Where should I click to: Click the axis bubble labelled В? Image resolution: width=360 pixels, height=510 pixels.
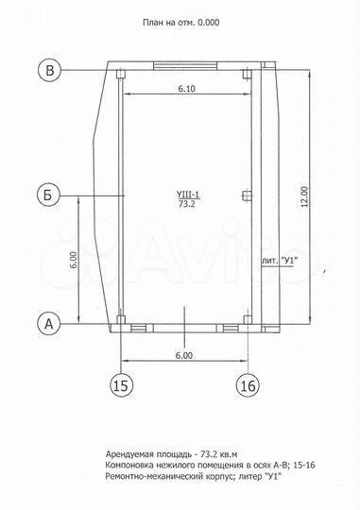coord(49,70)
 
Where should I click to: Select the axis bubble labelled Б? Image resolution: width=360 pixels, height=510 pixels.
coord(48,195)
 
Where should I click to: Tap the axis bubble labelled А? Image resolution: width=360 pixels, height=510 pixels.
coord(48,324)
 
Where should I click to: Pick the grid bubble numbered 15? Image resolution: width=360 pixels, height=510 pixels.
coord(121,385)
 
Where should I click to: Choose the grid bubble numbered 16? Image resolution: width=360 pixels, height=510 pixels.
coord(248,385)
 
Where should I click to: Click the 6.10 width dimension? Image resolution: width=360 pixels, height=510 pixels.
coord(187,89)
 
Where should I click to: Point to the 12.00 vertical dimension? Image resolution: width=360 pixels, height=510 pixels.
coord(304,196)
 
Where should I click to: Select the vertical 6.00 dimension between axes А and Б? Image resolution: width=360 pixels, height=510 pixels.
coord(74,260)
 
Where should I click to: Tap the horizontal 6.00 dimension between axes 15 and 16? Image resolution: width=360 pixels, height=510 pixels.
coord(184,355)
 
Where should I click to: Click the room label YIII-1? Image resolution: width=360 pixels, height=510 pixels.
coord(188,195)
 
